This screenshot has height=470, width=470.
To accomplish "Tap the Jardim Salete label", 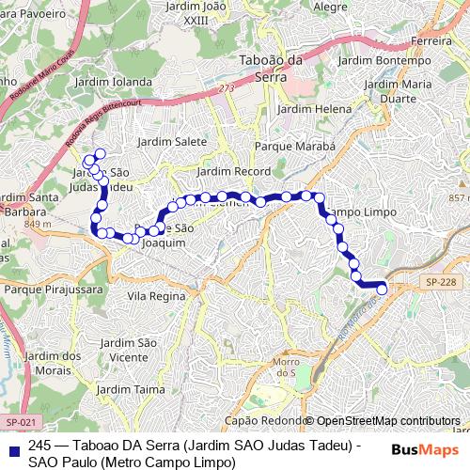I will [x=172, y=141].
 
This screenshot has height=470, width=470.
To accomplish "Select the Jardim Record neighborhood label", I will [x=233, y=172].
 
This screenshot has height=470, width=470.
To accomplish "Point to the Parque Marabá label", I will [x=295, y=148].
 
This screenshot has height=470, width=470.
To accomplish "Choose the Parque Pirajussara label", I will [x=44, y=290].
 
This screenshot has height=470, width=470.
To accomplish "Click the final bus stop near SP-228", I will [x=382, y=290].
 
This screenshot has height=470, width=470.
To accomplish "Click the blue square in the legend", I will [x=12, y=444].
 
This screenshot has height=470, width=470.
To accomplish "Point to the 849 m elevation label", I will [x=39, y=225].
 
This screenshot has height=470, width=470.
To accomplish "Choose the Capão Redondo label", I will [x=263, y=420].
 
